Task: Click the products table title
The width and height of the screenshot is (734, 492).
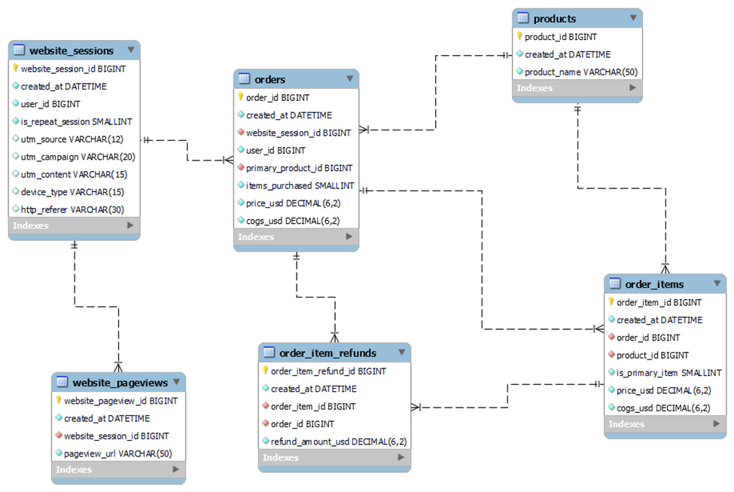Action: pos(555,19)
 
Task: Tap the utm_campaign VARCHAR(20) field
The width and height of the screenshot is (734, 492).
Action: pos(78,157)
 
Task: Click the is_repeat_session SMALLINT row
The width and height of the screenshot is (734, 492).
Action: pos(76,121)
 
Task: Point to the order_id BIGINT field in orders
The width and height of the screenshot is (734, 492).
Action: pos(278,97)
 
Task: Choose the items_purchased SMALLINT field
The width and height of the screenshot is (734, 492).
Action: pos(300,185)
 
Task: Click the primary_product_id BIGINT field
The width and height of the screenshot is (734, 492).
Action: pos(299,168)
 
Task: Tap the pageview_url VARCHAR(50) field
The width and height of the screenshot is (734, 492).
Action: pos(117,453)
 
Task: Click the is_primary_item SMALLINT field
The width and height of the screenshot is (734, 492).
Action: pos(669,372)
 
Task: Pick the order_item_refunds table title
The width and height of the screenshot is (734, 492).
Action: pos(327,353)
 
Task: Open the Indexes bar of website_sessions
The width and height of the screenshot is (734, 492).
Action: pos(74,225)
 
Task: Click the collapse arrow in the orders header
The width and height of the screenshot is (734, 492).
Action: pos(349,78)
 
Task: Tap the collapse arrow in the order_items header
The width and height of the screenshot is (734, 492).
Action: pos(717,283)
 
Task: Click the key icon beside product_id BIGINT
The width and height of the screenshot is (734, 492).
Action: pos(519,36)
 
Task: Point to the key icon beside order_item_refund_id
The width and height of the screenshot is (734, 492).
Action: pos(265,371)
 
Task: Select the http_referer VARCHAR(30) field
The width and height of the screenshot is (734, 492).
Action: pos(72,209)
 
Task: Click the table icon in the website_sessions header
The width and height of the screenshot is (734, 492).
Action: pos(20,50)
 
